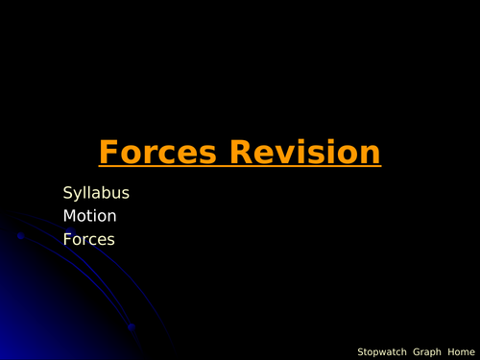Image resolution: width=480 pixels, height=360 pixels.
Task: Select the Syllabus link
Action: [x=96, y=193]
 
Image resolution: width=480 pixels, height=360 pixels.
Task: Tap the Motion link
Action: [x=90, y=216]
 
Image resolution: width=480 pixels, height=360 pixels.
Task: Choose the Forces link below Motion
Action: [x=89, y=239]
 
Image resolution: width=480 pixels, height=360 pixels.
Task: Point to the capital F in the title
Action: [x=108, y=153]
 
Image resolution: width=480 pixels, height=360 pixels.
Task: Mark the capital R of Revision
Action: [x=243, y=153]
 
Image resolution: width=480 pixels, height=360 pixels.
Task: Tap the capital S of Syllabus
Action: [x=68, y=193]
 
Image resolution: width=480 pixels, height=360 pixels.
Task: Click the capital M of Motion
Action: [x=69, y=216]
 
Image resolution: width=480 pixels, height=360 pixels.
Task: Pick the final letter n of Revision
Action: [x=370, y=154]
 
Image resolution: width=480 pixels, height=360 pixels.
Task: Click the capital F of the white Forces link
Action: [x=67, y=239]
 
